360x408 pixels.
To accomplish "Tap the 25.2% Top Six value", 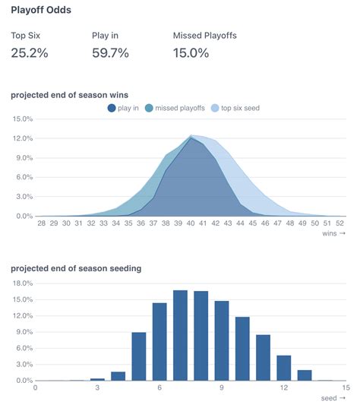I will (x=30, y=52).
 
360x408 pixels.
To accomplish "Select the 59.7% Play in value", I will (x=110, y=52).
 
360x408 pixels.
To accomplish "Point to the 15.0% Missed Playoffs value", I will (x=191, y=52).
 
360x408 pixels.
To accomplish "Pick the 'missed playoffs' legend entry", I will (x=174, y=108).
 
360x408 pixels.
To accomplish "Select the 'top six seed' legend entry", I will (x=235, y=108).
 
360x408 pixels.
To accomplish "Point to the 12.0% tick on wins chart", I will (x=22, y=138).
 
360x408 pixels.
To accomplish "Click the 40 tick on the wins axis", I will (x=191, y=223).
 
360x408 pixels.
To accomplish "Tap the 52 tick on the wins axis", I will (x=339, y=223).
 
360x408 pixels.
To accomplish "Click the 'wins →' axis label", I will (x=334, y=233).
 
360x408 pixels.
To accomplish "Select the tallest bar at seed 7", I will (x=180, y=335).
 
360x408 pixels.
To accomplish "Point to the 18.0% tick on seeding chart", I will (x=22, y=283).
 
